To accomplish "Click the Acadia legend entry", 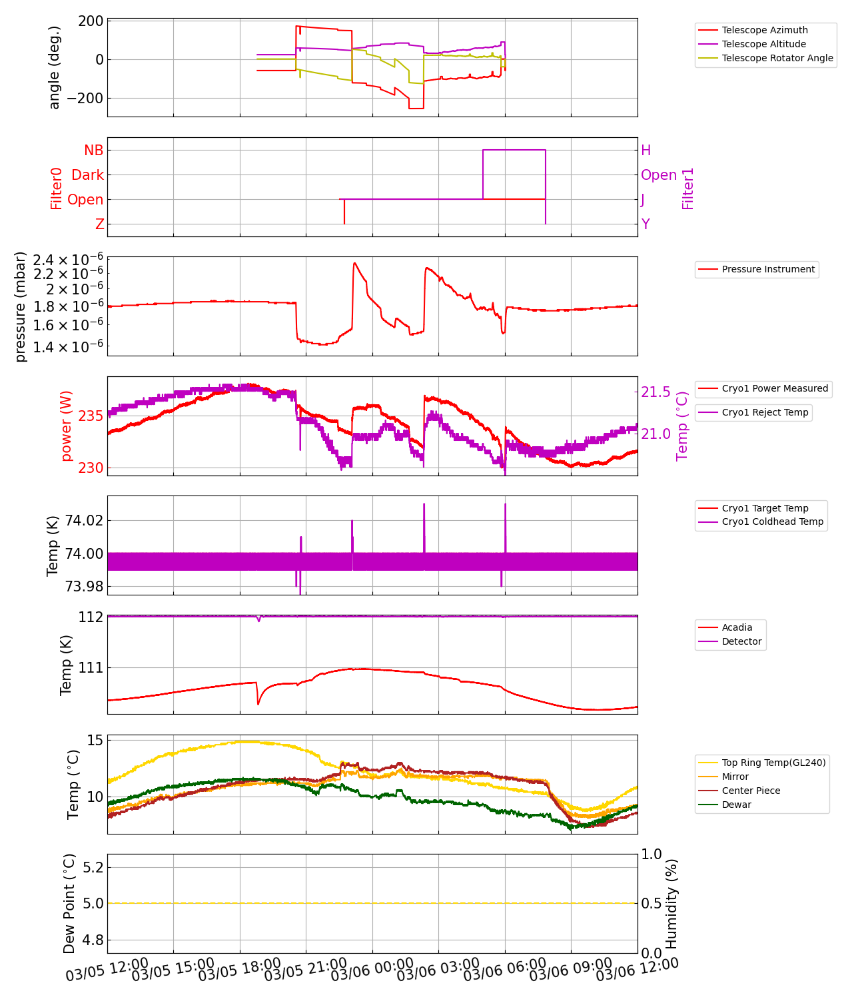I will click(737, 627).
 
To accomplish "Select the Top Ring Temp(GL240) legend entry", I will click(773, 763).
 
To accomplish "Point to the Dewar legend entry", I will click(736, 805).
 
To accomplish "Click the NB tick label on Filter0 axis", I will click(94, 151).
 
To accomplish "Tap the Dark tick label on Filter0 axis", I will click(88, 175).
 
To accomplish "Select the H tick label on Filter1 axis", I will click(646, 151).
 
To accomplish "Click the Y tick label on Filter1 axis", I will click(646, 224).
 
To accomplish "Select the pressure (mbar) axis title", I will click(21, 306).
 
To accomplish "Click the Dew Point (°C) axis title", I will click(69, 903).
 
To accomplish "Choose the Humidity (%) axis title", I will click(671, 903).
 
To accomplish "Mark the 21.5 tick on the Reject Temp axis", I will click(655, 392).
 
